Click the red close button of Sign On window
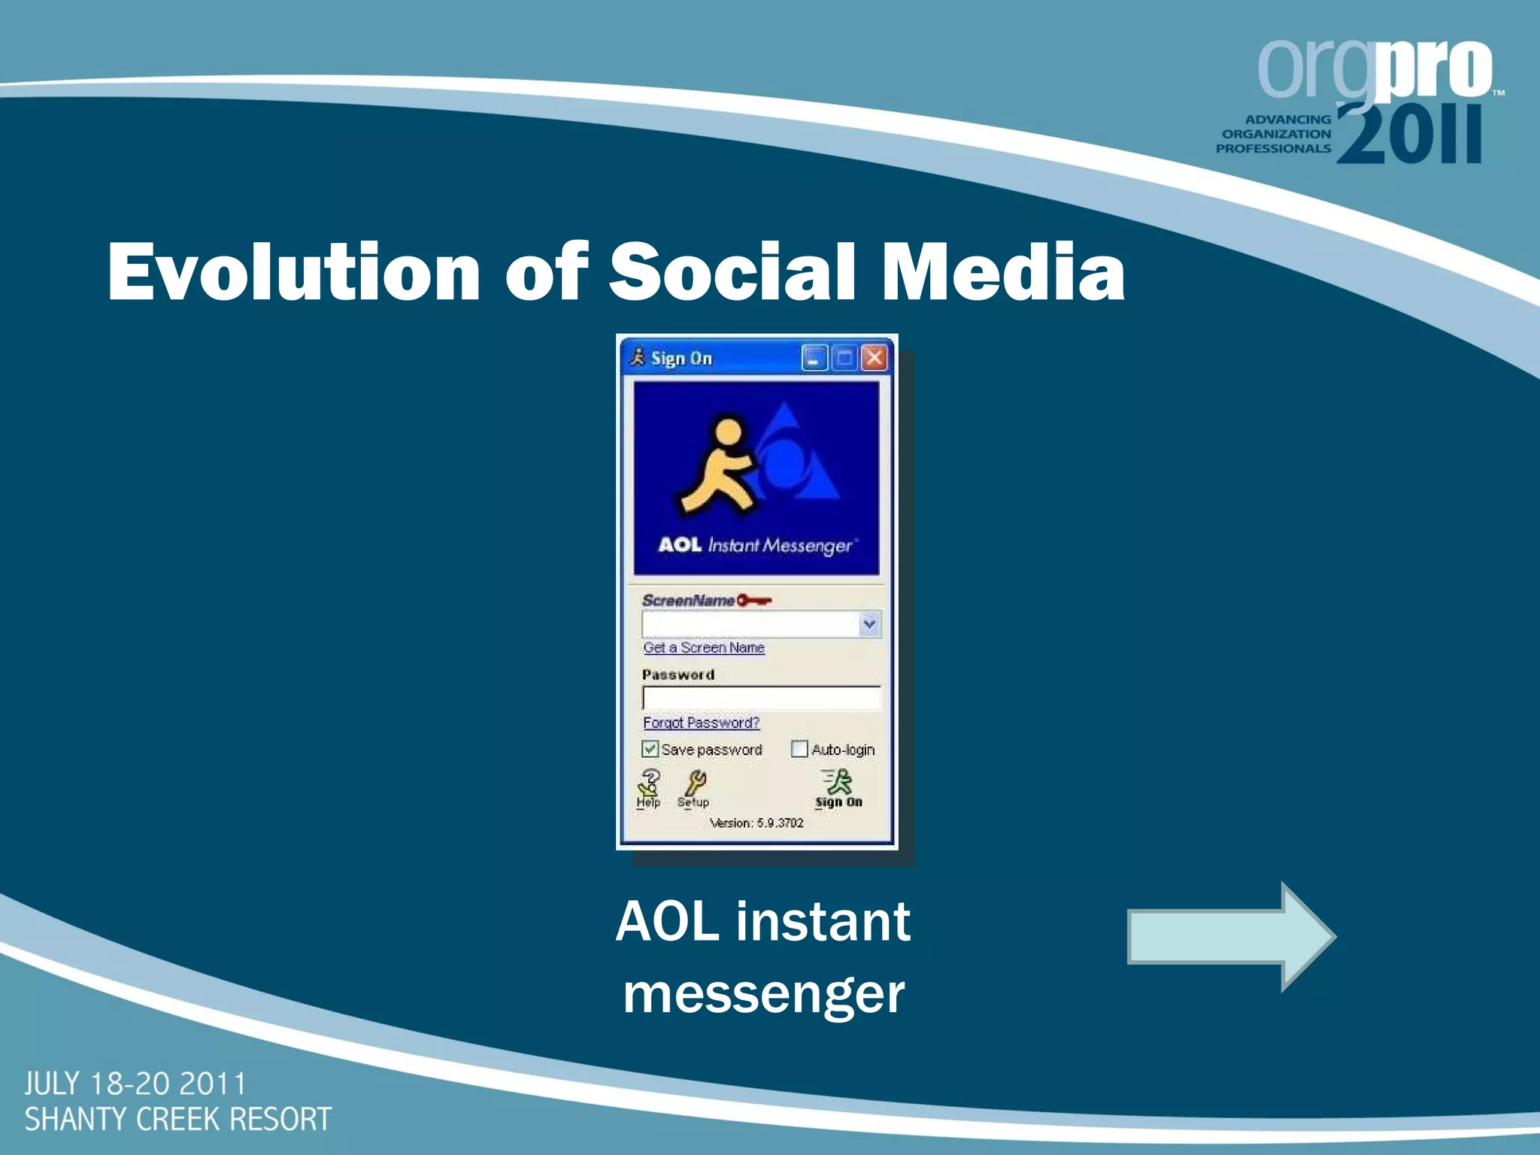874,358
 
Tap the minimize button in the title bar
814,358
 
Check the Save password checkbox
650,749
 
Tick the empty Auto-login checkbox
799,749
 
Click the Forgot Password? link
701,723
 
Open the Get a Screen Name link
704,647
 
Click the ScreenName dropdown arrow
869,623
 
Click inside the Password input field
761,698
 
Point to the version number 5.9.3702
779,823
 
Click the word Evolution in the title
293,272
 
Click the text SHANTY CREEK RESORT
177,1119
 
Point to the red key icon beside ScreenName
753,600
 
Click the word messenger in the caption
763,995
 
